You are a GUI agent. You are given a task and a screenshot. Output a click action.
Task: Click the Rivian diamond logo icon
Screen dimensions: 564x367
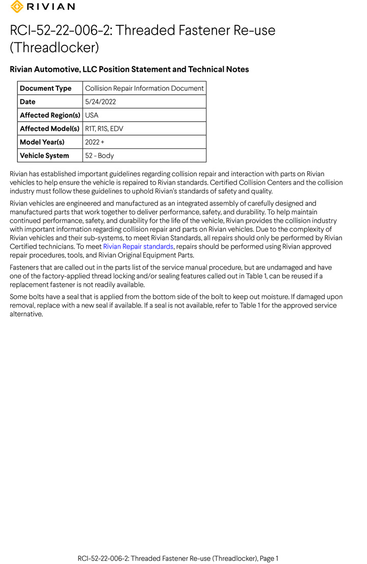click(17, 7)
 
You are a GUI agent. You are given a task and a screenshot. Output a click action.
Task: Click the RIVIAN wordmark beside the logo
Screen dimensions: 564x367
click(50, 7)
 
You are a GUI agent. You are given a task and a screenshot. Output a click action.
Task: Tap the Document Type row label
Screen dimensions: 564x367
click(45, 88)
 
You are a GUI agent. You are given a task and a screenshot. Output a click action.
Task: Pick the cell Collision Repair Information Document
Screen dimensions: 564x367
click(144, 88)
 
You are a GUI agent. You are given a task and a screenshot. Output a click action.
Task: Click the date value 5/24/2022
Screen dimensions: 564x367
click(100, 101)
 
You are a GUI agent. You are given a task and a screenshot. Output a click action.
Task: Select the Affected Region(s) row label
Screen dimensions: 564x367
click(49, 115)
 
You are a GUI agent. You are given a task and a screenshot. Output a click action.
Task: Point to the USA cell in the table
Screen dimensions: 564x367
click(92, 115)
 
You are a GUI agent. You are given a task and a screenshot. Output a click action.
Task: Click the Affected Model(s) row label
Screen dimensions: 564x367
click(49, 128)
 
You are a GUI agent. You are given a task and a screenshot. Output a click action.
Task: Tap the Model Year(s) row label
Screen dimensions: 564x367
click(42, 142)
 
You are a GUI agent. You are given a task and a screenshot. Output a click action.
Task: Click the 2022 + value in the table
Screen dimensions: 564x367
click(94, 142)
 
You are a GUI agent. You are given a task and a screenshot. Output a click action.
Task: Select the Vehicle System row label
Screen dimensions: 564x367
click(44, 155)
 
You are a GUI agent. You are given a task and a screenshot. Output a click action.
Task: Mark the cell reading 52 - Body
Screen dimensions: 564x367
click(99, 155)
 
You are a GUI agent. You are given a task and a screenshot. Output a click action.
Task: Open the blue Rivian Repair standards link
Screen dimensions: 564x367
click(138, 247)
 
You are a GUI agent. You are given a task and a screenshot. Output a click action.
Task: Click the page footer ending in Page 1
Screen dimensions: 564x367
click(178, 558)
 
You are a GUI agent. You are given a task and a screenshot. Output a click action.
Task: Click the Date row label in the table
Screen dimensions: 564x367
click(28, 101)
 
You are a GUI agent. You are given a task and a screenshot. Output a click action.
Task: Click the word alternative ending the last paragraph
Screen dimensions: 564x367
click(25, 314)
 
